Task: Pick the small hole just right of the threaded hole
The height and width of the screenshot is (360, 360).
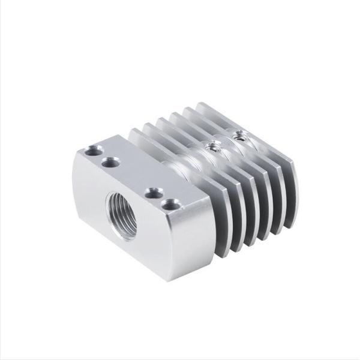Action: click(154, 193)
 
